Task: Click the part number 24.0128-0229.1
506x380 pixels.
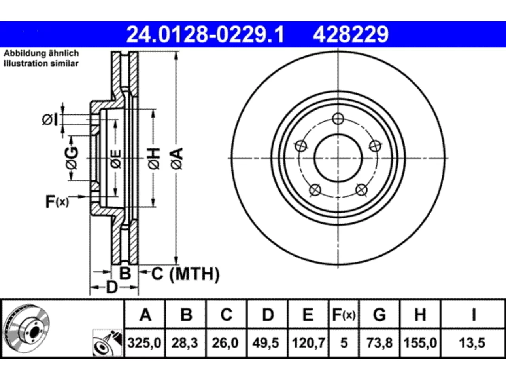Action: click(x=205, y=34)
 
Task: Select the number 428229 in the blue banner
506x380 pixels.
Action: click(x=351, y=34)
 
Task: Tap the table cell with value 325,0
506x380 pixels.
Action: click(x=145, y=343)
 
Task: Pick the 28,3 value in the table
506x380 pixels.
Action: click(x=185, y=343)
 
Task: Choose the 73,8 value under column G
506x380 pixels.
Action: click(x=379, y=343)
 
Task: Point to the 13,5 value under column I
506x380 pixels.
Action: click(x=472, y=343)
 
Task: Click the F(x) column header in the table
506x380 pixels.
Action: click(x=344, y=315)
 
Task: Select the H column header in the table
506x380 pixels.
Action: click(x=420, y=315)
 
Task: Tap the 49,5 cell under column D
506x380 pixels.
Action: click(x=266, y=343)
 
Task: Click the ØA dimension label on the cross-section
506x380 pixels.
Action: click(x=177, y=159)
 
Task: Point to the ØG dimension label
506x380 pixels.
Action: click(x=72, y=158)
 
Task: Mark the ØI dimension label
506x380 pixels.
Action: click(x=50, y=120)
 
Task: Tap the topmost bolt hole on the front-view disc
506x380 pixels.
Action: click(x=338, y=119)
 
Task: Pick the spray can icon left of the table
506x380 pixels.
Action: click(x=107, y=343)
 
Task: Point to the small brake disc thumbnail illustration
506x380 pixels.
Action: click(x=27, y=329)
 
